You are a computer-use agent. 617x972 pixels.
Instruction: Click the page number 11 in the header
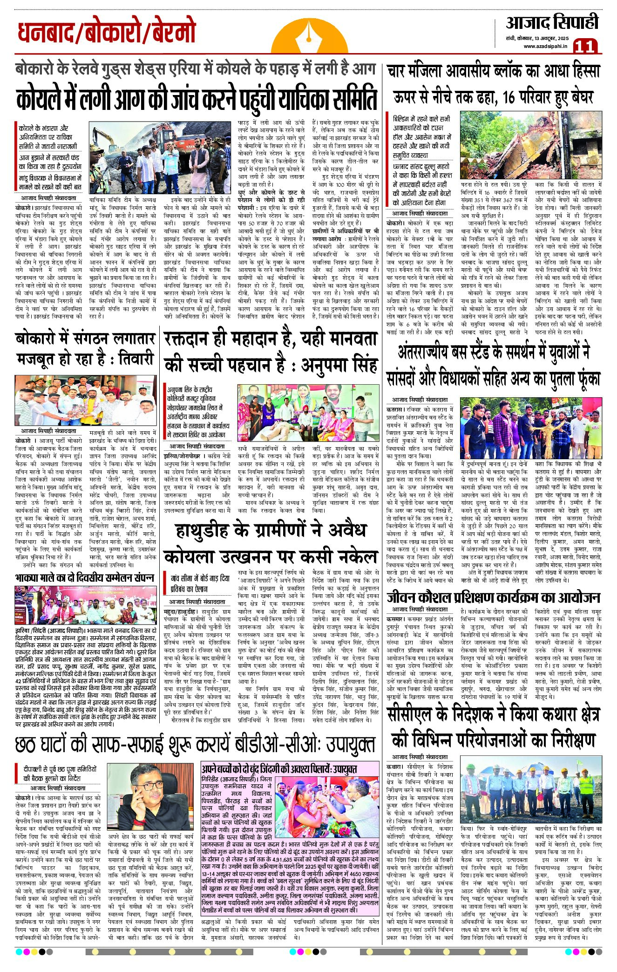tap(585, 46)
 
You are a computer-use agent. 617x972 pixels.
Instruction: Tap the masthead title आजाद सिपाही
tap(552, 22)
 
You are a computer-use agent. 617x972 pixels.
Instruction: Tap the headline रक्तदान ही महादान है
tap(270, 351)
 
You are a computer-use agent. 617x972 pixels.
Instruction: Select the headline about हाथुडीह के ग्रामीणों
tap(270, 543)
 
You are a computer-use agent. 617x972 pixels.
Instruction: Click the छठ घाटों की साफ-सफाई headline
tap(195, 744)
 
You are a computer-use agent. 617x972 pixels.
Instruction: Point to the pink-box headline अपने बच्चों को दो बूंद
tap(279, 769)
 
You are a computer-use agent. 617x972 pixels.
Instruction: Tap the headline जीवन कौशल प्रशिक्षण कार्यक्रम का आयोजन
tap(494, 598)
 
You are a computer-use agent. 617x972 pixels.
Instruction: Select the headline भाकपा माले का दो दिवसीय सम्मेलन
tap(85, 578)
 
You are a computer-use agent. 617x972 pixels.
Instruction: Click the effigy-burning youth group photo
tap(531, 428)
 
